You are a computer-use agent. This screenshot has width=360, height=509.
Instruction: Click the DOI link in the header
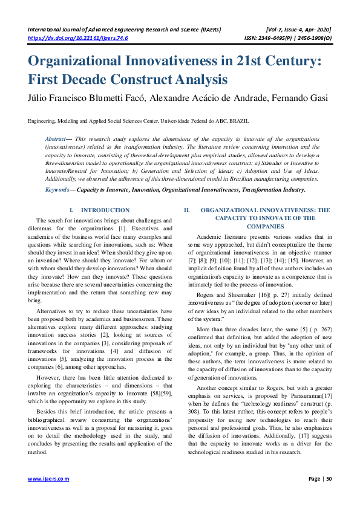(x=78, y=37)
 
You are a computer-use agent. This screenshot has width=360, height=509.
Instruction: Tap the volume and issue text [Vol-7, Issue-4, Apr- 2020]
(x=298, y=29)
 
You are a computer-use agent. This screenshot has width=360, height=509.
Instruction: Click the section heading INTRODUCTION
(x=105, y=210)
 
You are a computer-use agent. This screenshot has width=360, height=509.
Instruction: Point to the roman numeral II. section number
(x=187, y=210)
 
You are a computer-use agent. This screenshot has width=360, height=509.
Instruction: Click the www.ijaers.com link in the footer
(x=48, y=479)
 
